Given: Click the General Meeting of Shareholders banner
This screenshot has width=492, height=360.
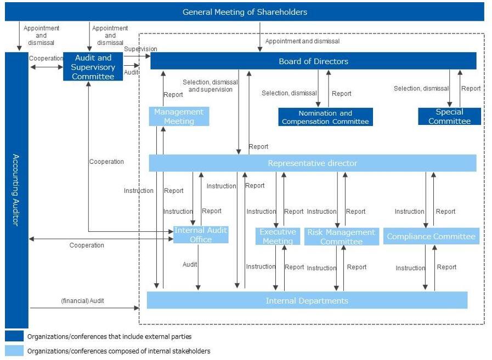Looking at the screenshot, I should [245, 12].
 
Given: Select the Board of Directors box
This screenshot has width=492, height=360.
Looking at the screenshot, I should [313, 61].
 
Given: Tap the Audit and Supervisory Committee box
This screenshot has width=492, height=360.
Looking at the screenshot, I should [93, 67].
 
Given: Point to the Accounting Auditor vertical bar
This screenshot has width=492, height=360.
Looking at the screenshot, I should [16, 190].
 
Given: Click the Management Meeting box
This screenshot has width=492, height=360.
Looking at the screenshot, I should [179, 116].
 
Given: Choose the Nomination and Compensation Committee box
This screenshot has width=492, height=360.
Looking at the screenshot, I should [325, 117].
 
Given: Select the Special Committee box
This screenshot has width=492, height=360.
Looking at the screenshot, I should [449, 116].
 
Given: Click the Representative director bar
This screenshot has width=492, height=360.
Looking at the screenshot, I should [313, 163].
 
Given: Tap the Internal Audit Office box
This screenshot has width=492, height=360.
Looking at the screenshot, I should [201, 235].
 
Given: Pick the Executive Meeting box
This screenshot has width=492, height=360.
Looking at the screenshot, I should [278, 236].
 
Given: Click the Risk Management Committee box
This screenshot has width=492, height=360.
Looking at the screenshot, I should [341, 237].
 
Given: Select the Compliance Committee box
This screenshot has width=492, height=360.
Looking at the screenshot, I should [431, 236].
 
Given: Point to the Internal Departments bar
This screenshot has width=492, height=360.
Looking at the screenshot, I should [307, 300].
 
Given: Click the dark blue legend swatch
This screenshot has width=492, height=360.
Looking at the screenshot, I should [14, 336].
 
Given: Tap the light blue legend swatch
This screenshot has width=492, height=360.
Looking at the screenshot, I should [14, 351].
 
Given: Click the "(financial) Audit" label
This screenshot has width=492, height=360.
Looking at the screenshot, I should [82, 300].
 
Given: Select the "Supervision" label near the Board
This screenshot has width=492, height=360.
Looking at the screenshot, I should [140, 49].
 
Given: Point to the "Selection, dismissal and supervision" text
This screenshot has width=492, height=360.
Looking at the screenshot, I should [210, 85].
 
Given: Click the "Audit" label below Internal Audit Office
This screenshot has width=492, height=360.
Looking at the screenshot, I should [190, 264].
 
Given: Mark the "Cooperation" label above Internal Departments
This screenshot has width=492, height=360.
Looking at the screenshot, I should [87, 245].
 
